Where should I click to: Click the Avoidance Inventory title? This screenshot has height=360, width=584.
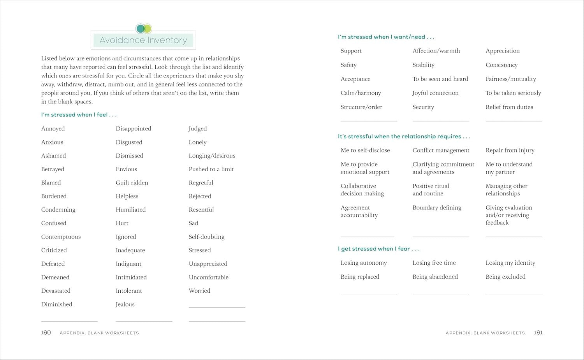[143, 40]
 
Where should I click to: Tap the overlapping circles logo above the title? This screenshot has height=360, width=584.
[144, 28]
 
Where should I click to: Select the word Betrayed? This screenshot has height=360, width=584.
[53, 169]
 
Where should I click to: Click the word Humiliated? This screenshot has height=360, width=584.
[130, 210]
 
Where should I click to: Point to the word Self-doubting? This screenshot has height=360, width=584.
[206, 237]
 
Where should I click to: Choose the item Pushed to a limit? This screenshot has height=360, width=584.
[211, 169]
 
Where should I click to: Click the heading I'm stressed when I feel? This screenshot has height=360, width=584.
[79, 115]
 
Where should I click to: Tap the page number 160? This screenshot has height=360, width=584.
[46, 333]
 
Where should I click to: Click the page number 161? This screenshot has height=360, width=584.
[538, 333]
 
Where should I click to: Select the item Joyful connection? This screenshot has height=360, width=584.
[435, 93]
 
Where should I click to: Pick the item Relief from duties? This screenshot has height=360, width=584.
[509, 107]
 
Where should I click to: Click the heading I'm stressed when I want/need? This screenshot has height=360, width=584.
[386, 37]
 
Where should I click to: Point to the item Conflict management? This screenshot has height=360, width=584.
[441, 150]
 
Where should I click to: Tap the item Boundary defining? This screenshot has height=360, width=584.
[437, 208]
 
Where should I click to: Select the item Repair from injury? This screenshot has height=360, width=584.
[510, 150]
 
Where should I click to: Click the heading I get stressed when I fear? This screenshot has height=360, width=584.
[378, 249]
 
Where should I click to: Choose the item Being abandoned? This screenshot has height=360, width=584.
[435, 277]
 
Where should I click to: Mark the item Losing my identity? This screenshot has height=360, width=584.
[510, 263]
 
